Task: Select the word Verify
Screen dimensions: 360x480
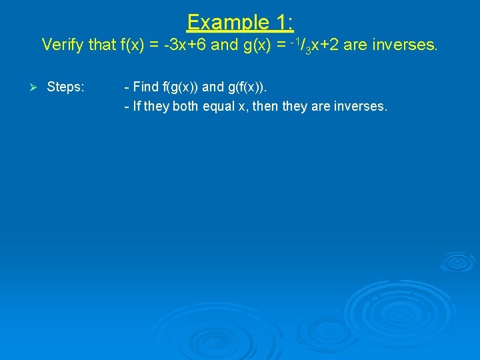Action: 63,45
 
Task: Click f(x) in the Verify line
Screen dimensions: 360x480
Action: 133,45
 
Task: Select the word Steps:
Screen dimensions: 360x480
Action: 65,87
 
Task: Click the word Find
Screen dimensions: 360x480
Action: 146,87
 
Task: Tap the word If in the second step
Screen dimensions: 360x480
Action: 137,107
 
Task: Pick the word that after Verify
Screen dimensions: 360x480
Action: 101,45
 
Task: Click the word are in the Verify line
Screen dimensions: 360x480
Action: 354,45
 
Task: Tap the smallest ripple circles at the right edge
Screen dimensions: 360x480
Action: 458,261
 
